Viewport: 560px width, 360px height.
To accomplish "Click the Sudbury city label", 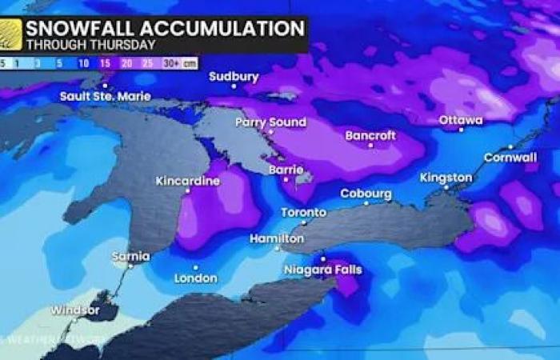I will (x=234, y=78).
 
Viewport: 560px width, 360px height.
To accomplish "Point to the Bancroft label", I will (x=370, y=136).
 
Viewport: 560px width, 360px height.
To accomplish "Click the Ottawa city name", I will (x=461, y=120).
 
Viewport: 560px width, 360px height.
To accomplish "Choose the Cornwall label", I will (x=510, y=158).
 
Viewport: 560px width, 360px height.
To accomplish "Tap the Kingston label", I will (x=446, y=177).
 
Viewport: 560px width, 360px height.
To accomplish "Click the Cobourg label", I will (x=366, y=194).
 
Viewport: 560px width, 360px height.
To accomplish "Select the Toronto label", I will (x=303, y=213).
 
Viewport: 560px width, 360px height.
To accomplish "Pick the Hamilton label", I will (x=276, y=238).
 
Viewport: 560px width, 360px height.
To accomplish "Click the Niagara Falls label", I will (x=322, y=270).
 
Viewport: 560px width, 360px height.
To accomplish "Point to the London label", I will (x=196, y=278).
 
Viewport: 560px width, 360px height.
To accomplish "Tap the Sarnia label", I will (x=131, y=257).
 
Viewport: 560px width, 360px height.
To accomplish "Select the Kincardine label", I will (x=188, y=181).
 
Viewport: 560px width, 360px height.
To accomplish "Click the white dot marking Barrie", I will (x=286, y=180).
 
